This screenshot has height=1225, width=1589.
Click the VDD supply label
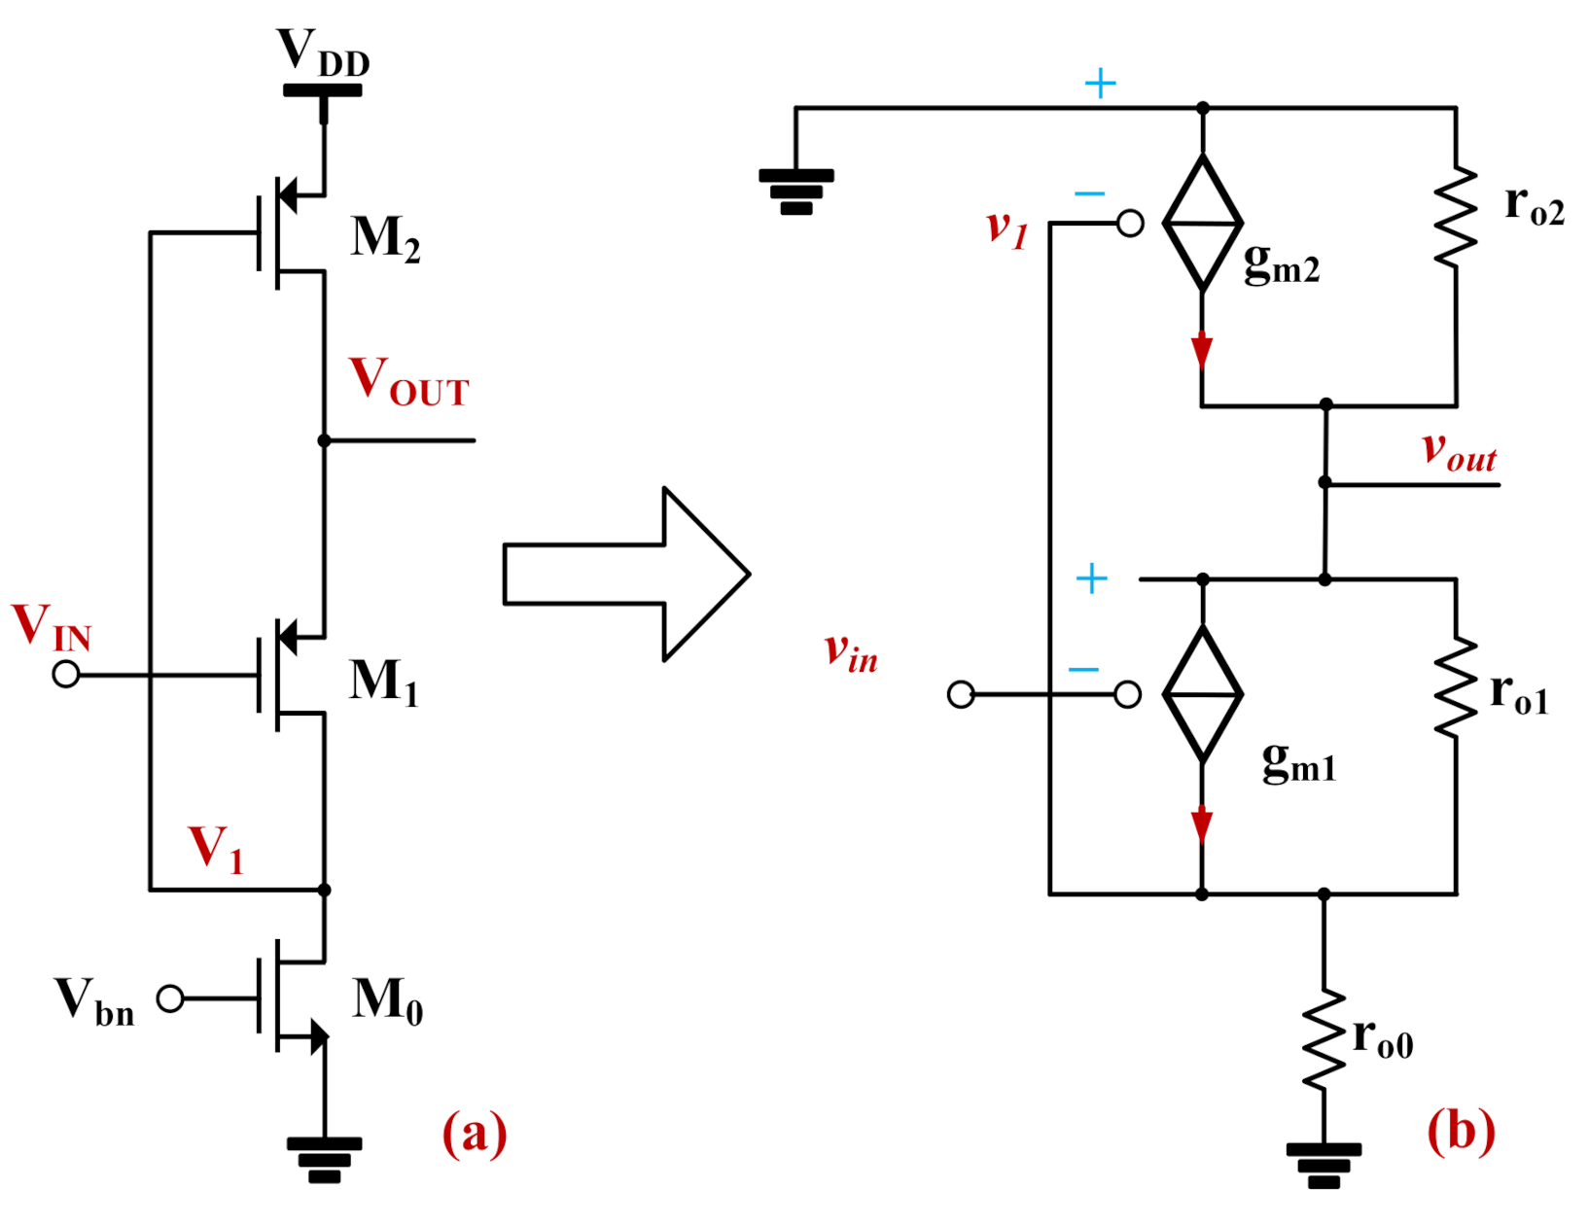click(x=322, y=52)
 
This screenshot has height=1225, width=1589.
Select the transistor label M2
click(x=385, y=238)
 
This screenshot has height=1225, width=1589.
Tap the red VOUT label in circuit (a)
click(x=408, y=381)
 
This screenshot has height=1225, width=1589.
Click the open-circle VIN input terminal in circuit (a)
click(x=66, y=674)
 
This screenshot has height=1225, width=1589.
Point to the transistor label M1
click(x=383, y=682)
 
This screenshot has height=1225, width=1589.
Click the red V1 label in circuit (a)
click(x=215, y=848)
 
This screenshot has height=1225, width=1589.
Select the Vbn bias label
click(x=93, y=1001)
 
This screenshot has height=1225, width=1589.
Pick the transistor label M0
click(x=387, y=1000)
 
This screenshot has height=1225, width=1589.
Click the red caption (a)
click(x=475, y=1134)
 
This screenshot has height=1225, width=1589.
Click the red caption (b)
click(x=1461, y=1132)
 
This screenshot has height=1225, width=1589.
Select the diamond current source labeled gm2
click(x=1203, y=224)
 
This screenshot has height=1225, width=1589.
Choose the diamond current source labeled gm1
click(x=1203, y=694)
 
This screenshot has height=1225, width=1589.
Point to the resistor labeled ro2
click(x=1456, y=217)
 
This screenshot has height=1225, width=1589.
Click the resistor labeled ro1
click(x=1456, y=687)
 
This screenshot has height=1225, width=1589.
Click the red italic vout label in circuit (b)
click(x=1459, y=452)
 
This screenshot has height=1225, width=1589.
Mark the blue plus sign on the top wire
click(x=1100, y=84)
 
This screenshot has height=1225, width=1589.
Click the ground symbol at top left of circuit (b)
click(x=795, y=191)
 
